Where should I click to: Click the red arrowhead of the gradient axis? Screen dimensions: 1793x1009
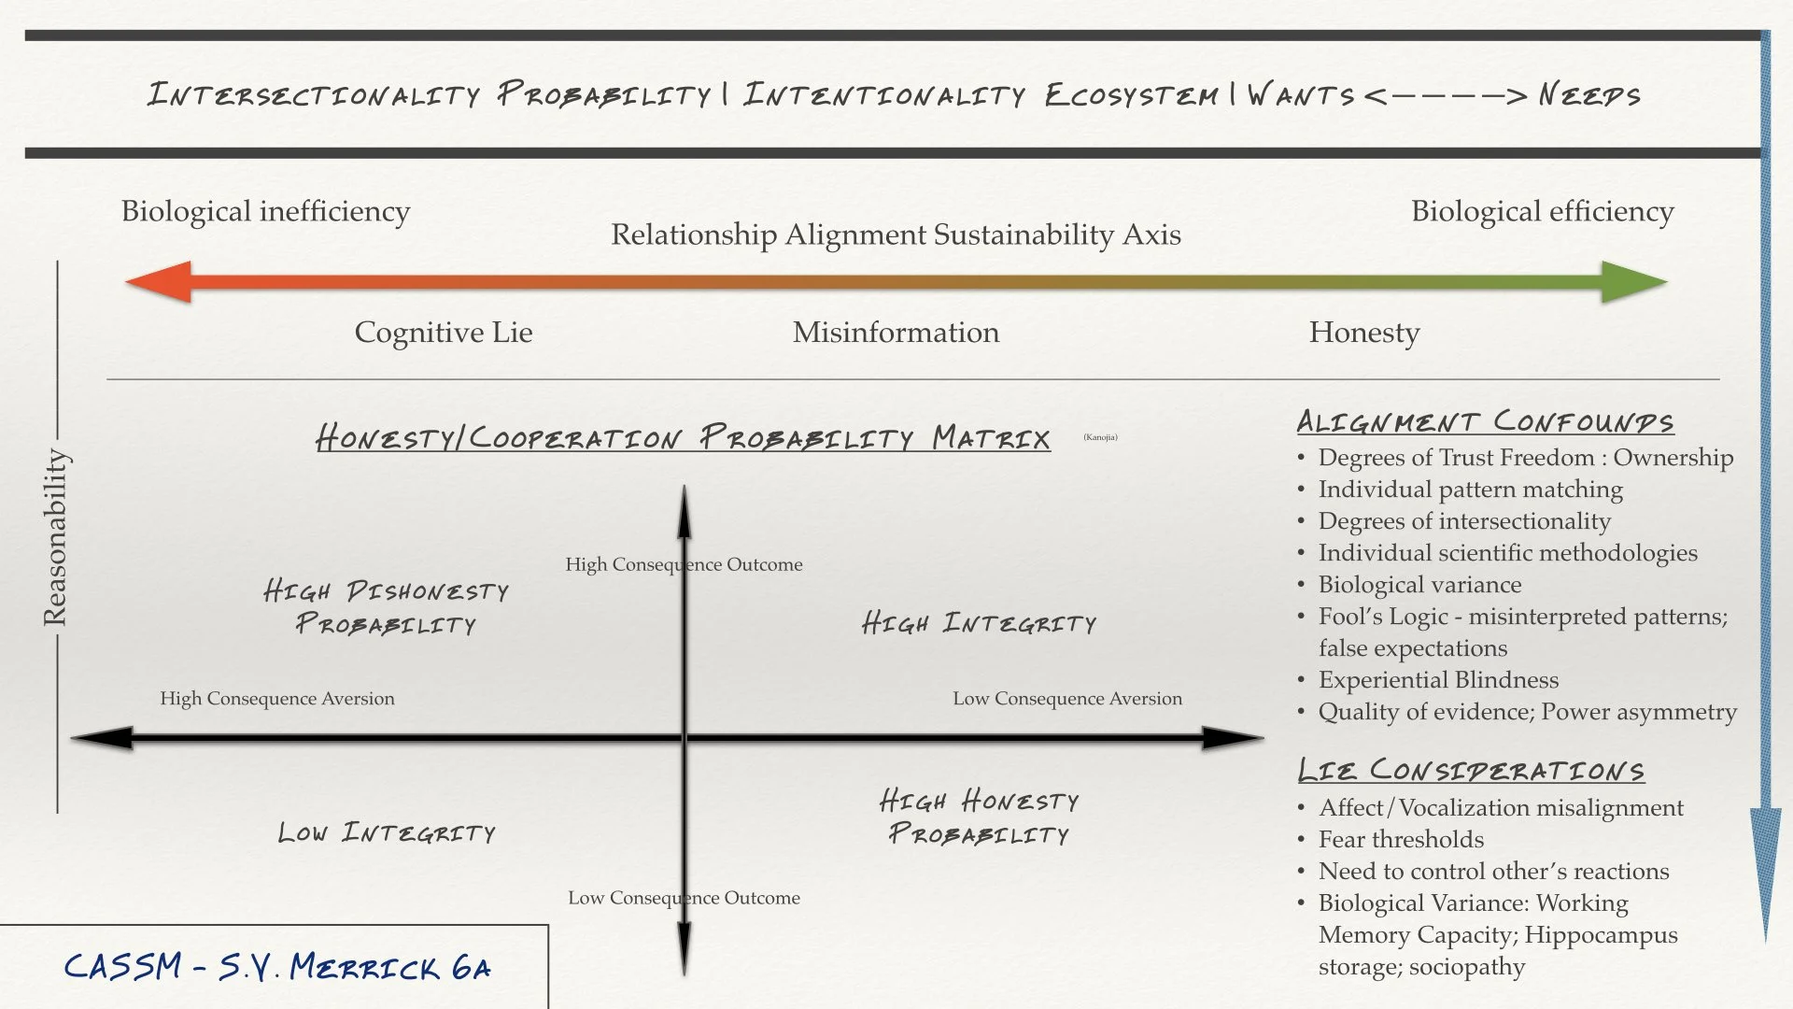pyautogui.click(x=159, y=281)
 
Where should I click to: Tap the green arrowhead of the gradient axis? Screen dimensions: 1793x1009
pyautogui.click(x=1633, y=281)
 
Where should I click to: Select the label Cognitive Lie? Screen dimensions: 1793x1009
pyautogui.click(x=444, y=333)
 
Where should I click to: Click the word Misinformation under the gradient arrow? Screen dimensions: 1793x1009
pyautogui.click(x=896, y=333)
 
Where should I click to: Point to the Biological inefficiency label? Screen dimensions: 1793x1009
pyautogui.click(x=265, y=211)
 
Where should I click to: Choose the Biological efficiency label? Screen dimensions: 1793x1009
pyautogui.click(x=1542, y=211)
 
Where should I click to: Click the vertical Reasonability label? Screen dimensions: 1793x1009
pyautogui.click(x=55, y=537)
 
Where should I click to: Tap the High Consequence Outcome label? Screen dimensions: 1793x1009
pyautogui.click(x=684, y=564)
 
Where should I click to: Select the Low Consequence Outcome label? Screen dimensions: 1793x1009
pyautogui.click(x=684, y=898)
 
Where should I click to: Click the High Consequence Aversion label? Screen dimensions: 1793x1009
pyautogui.click(x=277, y=699)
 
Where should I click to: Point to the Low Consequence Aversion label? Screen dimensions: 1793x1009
pyautogui.click(x=1067, y=699)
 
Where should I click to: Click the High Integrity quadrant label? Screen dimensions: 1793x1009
pyautogui.click(x=979, y=623)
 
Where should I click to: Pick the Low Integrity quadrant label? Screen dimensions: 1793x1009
pyautogui.click(x=387, y=832)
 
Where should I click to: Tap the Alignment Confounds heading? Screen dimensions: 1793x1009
pyautogui.click(x=1485, y=421)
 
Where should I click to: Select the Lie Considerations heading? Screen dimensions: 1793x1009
pyautogui.click(x=1471, y=770)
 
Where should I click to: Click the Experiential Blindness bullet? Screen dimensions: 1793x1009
pyautogui.click(x=1438, y=680)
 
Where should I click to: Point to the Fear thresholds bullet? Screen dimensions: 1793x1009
pyautogui.click(x=1401, y=840)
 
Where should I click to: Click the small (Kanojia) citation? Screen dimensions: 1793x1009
pyautogui.click(x=1100, y=437)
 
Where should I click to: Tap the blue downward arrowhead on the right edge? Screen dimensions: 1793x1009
pyautogui.click(x=1765, y=869)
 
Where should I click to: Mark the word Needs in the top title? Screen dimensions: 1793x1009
pyautogui.click(x=1588, y=94)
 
